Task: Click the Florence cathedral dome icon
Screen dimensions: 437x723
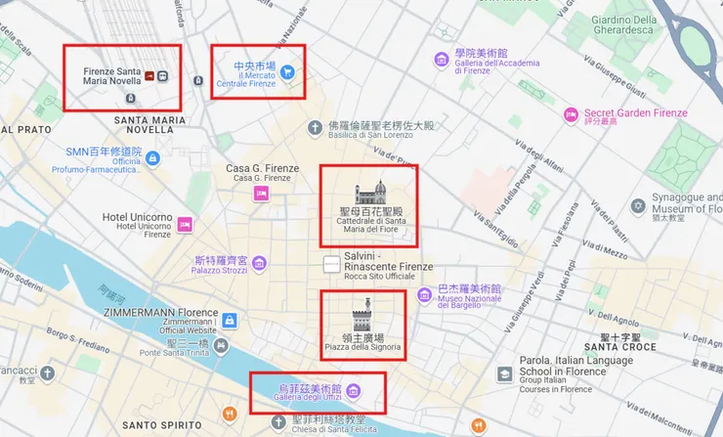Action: pyautogui.click(x=370, y=193)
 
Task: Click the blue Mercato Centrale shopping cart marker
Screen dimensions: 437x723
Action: pyautogui.click(x=288, y=71)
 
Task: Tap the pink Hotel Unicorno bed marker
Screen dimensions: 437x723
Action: pyautogui.click(x=184, y=226)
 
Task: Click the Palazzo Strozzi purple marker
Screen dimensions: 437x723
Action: pyautogui.click(x=258, y=262)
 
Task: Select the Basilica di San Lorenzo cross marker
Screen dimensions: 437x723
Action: pyautogui.click(x=315, y=127)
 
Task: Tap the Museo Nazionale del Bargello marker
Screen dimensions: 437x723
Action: pyautogui.click(x=423, y=294)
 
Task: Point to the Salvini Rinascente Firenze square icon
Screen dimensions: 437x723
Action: pyautogui.click(x=332, y=263)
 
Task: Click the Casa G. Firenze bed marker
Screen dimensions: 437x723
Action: pyautogui.click(x=261, y=194)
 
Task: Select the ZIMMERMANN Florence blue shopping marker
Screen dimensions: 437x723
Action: pyautogui.click(x=229, y=321)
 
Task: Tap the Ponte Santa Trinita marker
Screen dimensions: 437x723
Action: pyautogui.click(x=222, y=347)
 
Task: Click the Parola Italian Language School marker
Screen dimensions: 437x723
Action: pyautogui.click(x=504, y=374)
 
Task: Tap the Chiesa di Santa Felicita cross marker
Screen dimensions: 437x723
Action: pyautogui.click(x=277, y=424)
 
